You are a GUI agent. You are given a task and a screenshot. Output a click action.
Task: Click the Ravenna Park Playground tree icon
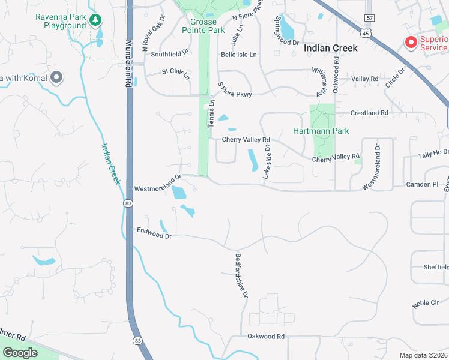point(95,21)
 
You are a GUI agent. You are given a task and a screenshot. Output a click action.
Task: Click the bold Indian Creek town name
point(330,48)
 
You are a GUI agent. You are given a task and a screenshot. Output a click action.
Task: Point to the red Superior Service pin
point(411,43)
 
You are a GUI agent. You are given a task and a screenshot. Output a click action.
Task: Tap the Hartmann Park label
point(321,131)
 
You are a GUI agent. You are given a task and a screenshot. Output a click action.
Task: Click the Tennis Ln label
point(211,113)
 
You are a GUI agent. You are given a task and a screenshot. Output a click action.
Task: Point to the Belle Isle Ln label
point(238,55)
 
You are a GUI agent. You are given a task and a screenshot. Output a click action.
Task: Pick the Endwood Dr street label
point(154,232)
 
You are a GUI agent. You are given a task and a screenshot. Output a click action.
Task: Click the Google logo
point(20,352)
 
